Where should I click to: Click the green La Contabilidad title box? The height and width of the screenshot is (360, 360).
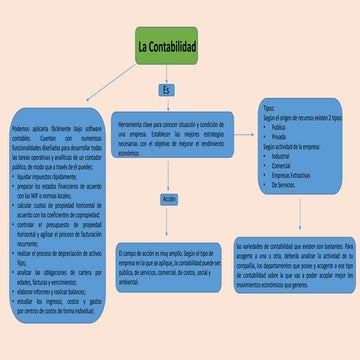point(166,46)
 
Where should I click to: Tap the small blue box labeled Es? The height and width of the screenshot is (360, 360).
point(167,90)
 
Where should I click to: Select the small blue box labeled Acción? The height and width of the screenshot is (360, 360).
point(168,200)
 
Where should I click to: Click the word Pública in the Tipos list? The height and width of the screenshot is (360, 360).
point(279,127)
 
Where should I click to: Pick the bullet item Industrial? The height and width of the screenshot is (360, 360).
point(281,156)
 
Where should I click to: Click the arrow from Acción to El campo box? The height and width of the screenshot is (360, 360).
point(168,223)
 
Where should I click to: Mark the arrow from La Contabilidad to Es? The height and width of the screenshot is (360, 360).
point(167,74)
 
